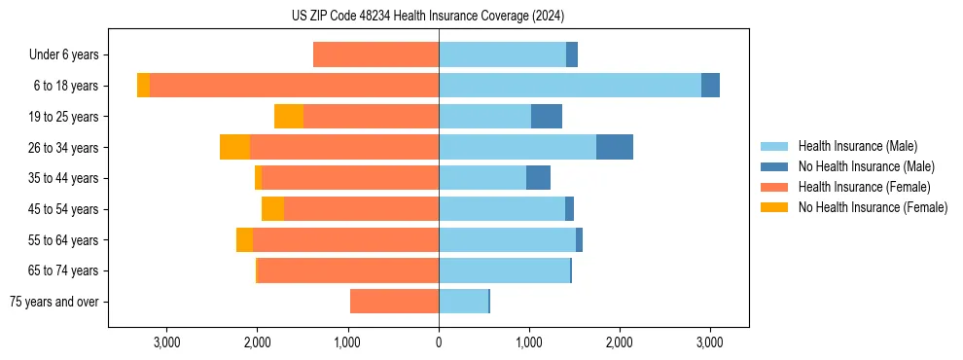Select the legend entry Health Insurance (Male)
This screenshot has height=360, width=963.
point(857,146)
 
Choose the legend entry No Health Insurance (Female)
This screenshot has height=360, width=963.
point(873,207)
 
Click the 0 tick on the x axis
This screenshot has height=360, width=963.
point(439,342)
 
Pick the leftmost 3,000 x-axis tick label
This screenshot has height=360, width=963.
point(166,342)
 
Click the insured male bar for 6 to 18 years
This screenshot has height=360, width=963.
point(569,86)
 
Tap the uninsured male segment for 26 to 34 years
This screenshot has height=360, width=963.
point(615,147)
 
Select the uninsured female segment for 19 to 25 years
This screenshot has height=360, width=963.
point(289,117)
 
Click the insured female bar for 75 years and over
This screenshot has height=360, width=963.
point(394,302)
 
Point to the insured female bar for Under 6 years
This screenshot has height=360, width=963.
point(375,54)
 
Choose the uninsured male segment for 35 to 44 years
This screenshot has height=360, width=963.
point(538,178)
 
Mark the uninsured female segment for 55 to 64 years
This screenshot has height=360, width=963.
point(244,239)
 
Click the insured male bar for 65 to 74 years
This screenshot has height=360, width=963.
point(504,270)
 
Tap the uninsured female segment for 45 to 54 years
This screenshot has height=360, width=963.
point(272,209)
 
